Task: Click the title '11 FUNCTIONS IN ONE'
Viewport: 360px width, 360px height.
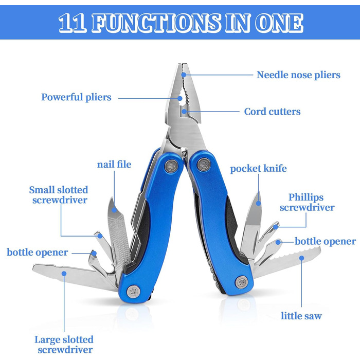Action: coord(180,23)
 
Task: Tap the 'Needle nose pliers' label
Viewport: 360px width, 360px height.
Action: coord(298,75)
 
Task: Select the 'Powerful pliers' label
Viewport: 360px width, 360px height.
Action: coord(76,97)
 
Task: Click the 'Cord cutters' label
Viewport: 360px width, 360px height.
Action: coord(272,112)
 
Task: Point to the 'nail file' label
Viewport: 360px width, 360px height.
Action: coord(114,165)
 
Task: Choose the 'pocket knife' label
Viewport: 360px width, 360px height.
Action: coord(258,169)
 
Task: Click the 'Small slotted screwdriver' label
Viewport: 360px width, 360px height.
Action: coord(58,195)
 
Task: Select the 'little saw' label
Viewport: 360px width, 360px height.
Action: coord(301,315)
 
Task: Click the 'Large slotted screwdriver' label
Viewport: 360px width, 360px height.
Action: coord(64,345)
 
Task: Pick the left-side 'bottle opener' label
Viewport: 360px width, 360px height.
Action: coord(37,253)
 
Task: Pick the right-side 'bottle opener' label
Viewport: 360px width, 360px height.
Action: coord(325,241)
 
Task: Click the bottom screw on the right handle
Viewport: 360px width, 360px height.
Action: coord(242,281)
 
